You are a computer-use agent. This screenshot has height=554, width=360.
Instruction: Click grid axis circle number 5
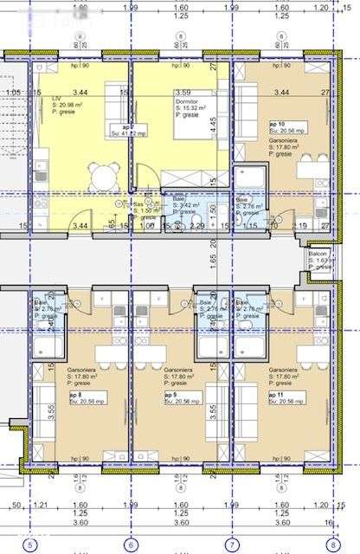tap(30, 545)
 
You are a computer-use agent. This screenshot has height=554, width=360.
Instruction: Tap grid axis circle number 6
tap(131, 545)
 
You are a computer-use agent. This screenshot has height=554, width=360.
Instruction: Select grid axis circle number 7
tap(231, 545)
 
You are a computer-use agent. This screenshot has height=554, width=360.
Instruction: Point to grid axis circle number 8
tap(331, 545)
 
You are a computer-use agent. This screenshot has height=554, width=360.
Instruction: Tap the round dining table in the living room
tap(104, 177)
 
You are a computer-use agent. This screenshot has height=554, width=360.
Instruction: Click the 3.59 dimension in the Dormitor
tap(183, 90)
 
